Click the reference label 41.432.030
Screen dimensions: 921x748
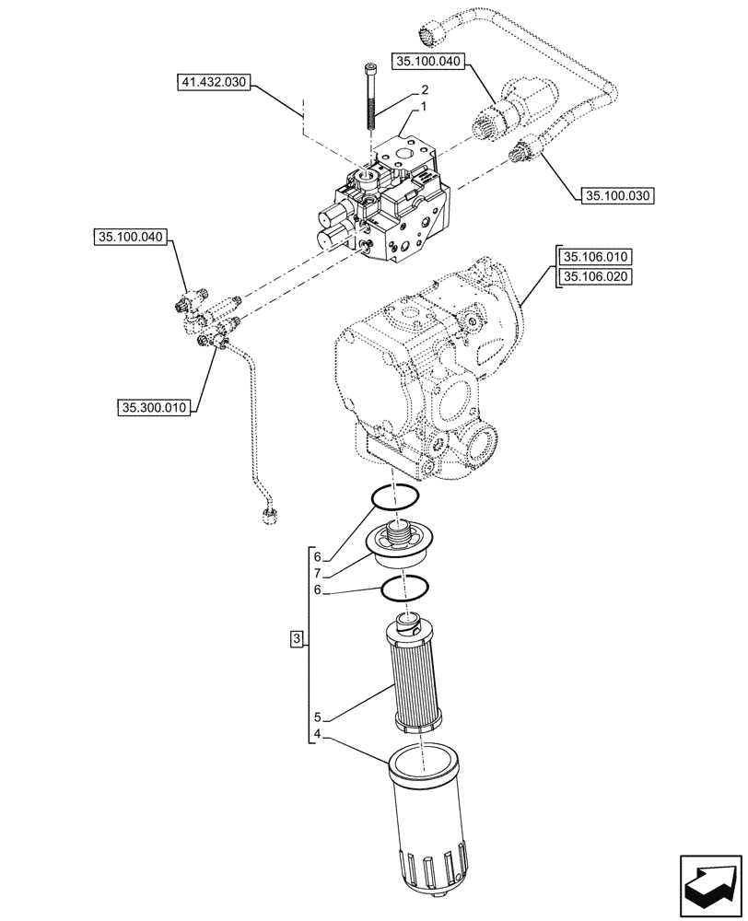click(x=212, y=84)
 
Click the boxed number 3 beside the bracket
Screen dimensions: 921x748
click(x=296, y=638)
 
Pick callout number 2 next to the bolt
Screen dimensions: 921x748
click(x=425, y=90)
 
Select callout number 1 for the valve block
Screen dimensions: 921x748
click(x=425, y=108)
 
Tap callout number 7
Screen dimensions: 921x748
click(x=316, y=573)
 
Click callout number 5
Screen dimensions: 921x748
click(x=316, y=716)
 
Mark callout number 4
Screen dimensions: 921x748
click(x=316, y=735)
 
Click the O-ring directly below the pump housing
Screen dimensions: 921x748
click(x=395, y=497)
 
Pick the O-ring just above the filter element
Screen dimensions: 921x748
click(x=405, y=586)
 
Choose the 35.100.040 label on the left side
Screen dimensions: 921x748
click(x=129, y=238)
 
